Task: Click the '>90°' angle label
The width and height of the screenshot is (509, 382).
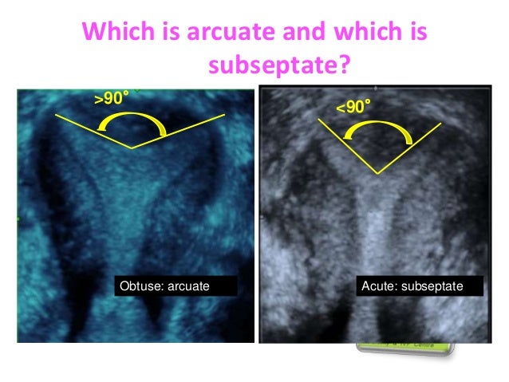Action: tap(111, 99)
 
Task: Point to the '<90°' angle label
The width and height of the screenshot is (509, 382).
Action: tap(353, 106)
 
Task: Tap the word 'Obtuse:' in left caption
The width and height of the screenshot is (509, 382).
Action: tap(140, 285)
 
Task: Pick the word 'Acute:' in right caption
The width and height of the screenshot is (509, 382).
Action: tap(378, 285)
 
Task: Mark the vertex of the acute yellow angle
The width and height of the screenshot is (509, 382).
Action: tap(378, 173)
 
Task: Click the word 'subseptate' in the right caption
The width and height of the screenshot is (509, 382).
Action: tap(436, 285)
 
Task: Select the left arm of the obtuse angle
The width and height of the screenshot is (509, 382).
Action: tap(93, 131)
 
